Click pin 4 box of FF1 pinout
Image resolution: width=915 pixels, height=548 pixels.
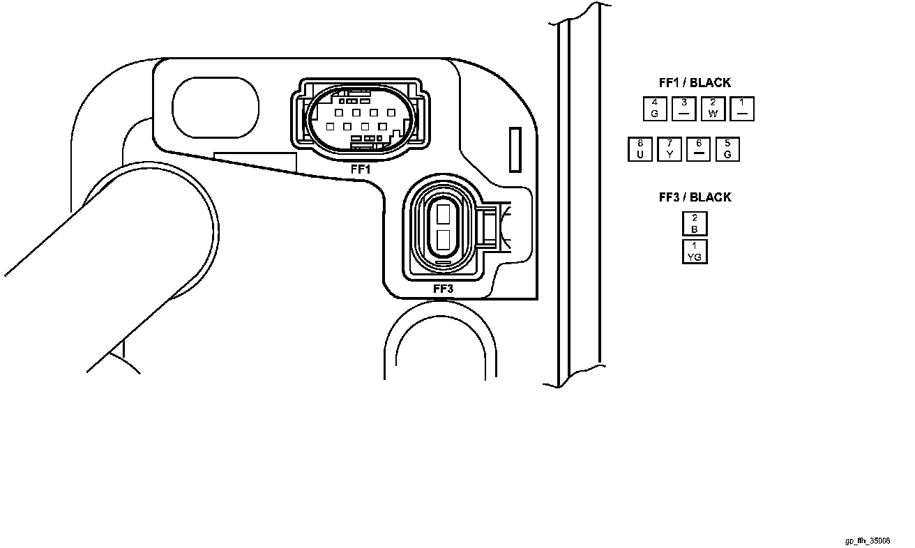pyautogui.click(x=654, y=109)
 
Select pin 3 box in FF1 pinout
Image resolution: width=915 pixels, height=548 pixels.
pyautogui.click(x=683, y=109)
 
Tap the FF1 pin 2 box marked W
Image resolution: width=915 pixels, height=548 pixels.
pyautogui.click(x=713, y=109)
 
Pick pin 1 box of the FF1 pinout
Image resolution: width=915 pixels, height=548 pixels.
pyautogui.click(x=742, y=109)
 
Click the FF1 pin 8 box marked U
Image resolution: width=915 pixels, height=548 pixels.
pyautogui.click(x=640, y=150)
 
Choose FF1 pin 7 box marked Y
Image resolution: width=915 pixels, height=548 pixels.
pyautogui.click(x=670, y=150)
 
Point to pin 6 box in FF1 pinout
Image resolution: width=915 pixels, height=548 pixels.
pyautogui.click(x=698, y=150)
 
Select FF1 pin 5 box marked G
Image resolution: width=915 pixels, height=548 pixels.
pyautogui.click(x=727, y=150)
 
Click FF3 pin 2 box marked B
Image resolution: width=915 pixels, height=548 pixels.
pyautogui.click(x=695, y=224)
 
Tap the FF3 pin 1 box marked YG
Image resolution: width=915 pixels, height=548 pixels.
pyautogui.click(x=695, y=251)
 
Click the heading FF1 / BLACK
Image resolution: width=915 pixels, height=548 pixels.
pyautogui.click(x=695, y=83)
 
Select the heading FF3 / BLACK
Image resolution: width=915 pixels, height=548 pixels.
pyautogui.click(x=695, y=197)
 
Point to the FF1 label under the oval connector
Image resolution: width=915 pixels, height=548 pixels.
pyautogui.click(x=360, y=169)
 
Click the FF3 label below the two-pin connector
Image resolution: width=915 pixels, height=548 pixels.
pyautogui.click(x=443, y=289)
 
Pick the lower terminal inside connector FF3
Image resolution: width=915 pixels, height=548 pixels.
pyautogui.click(x=442, y=241)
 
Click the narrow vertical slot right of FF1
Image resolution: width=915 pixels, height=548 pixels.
pyautogui.click(x=515, y=149)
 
